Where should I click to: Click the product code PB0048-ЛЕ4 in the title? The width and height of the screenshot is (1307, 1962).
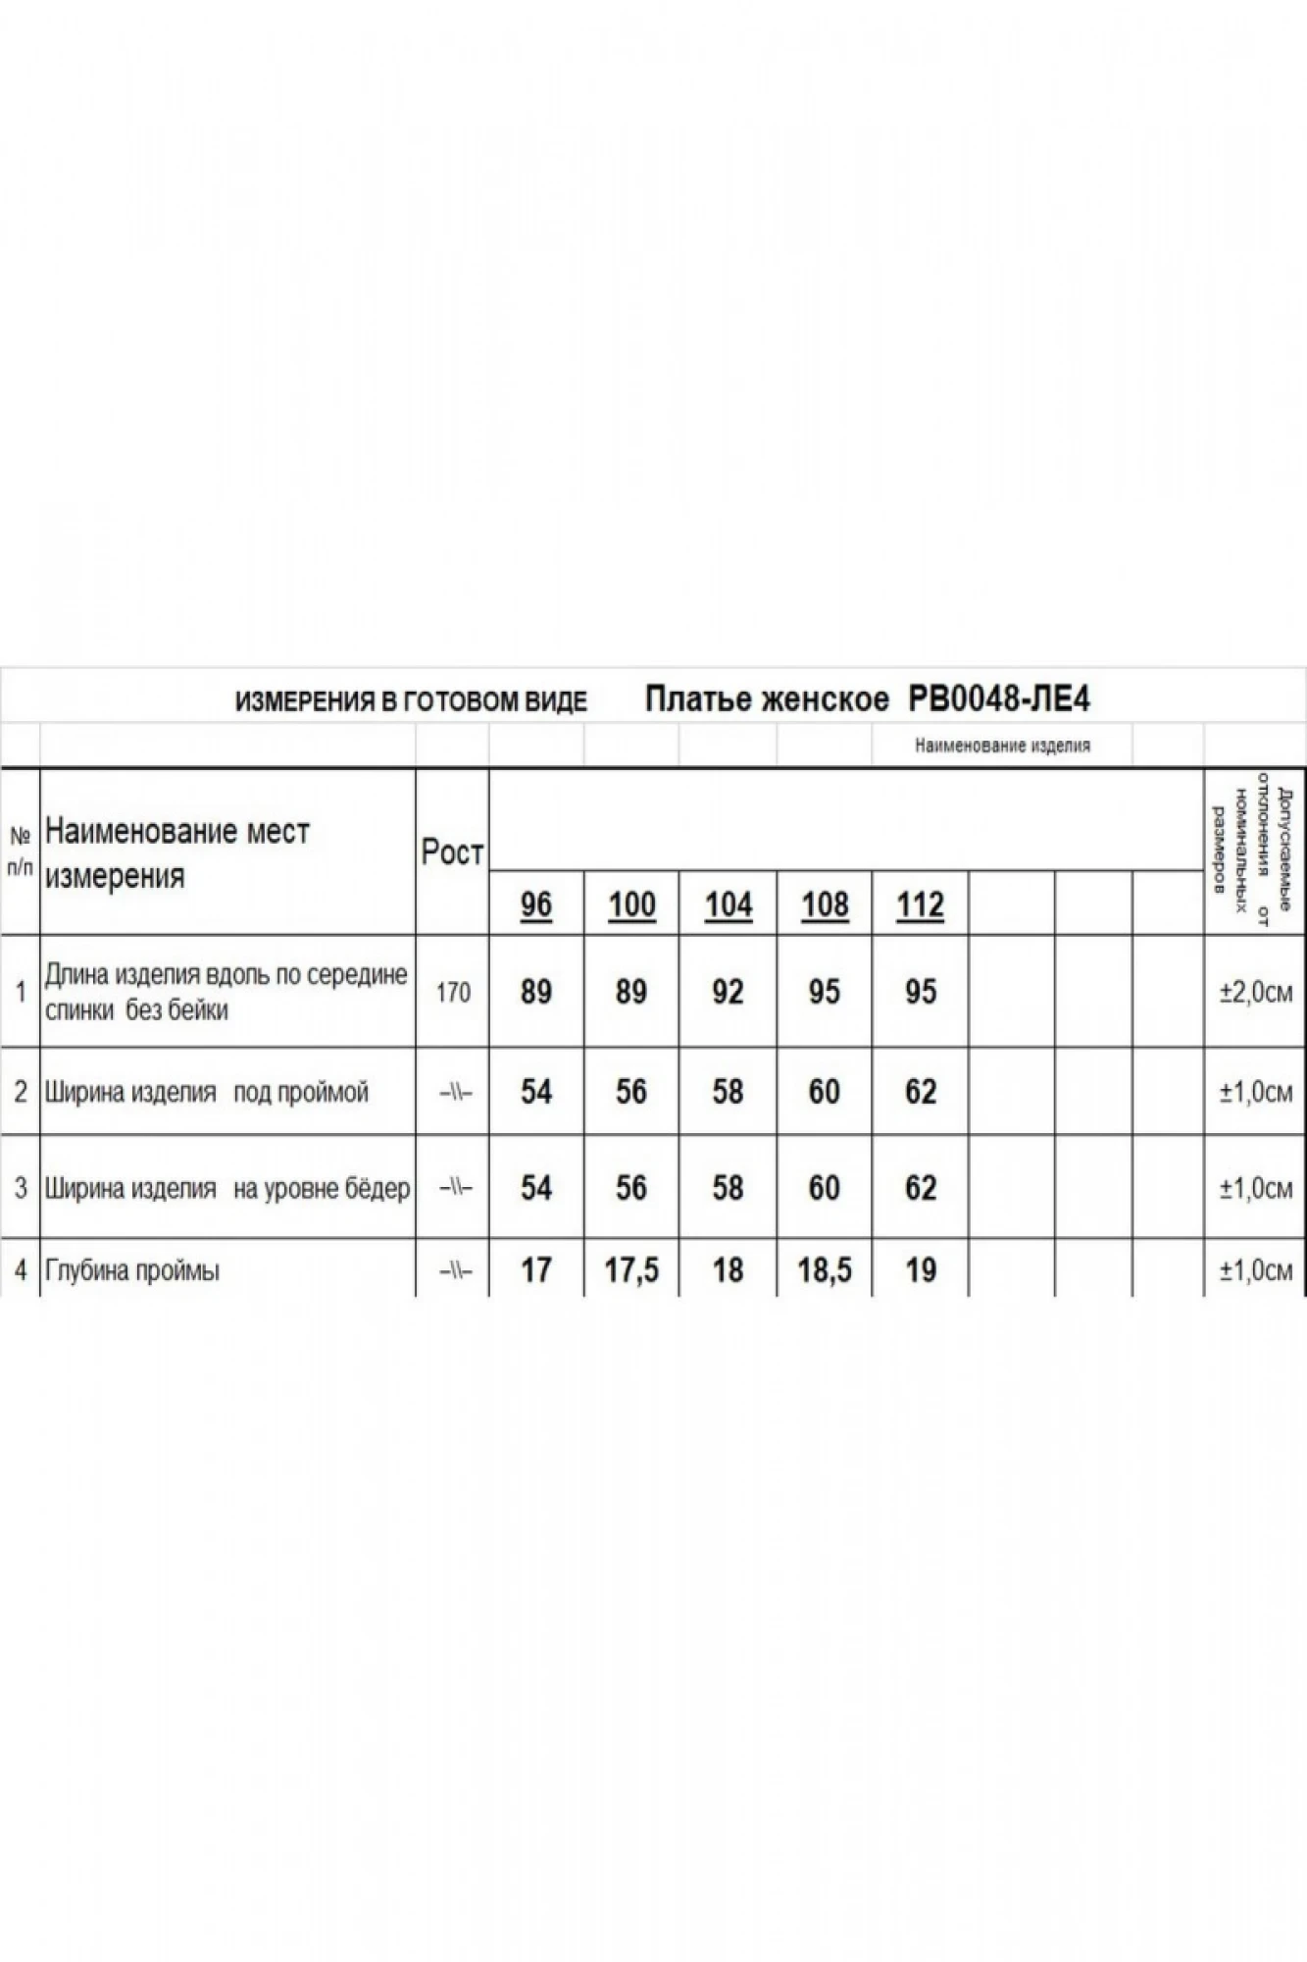click(x=999, y=699)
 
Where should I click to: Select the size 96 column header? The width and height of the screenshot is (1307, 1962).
click(x=536, y=904)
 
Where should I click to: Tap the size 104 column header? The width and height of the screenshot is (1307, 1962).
click(x=729, y=904)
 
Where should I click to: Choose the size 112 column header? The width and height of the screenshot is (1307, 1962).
click(x=920, y=904)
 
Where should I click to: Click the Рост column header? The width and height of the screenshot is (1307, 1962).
click(x=452, y=852)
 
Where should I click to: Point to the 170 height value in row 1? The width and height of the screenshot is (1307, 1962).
click(x=453, y=993)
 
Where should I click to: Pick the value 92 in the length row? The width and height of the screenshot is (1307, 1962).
click(x=728, y=992)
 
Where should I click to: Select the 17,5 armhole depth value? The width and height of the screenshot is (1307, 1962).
click(x=631, y=1270)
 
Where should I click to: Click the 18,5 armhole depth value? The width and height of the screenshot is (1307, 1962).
click(x=825, y=1270)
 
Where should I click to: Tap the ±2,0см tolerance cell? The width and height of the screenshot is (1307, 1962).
click(x=1255, y=993)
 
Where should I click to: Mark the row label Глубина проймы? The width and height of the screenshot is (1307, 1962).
click(x=132, y=1271)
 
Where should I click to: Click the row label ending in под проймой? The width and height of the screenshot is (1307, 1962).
click(x=207, y=1093)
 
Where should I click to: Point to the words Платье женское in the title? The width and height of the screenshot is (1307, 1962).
click(x=767, y=699)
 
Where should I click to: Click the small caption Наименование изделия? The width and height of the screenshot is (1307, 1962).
click(x=1002, y=746)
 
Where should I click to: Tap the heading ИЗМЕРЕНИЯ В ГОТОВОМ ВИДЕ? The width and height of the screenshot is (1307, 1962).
click(x=411, y=701)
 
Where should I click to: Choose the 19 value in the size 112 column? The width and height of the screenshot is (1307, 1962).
click(x=921, y=1270)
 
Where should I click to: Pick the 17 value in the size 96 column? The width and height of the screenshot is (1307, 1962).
click(x=536, y=1270)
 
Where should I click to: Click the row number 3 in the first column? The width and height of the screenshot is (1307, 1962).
click(x=21, y=1189)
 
